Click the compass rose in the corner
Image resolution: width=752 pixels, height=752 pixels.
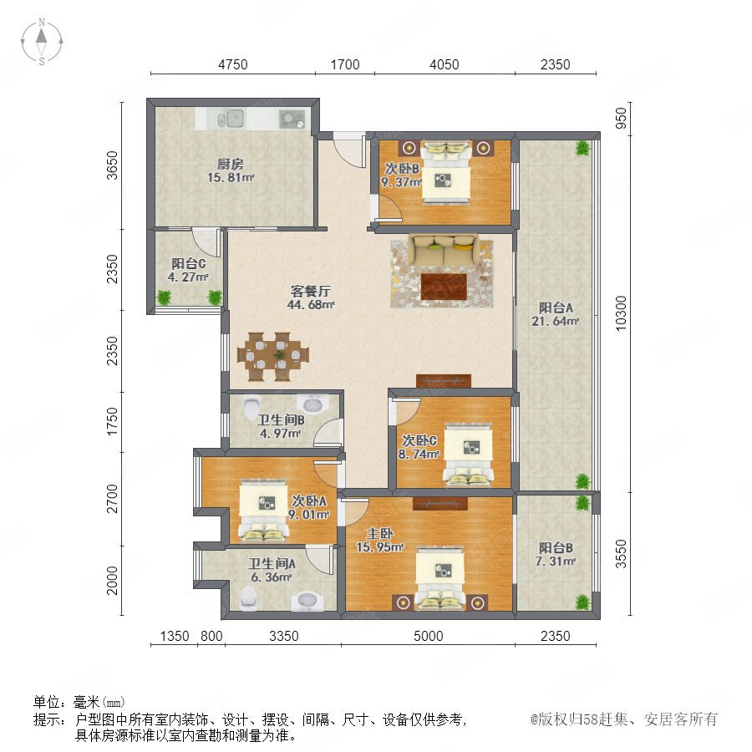[x=42, y=42]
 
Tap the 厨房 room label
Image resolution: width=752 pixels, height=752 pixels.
[x=231, y=164]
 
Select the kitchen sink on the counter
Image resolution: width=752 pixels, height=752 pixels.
[x=231, y=119]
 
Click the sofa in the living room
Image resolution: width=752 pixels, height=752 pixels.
[x=443, y=249]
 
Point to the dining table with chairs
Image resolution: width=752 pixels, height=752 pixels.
[x=273, y=356]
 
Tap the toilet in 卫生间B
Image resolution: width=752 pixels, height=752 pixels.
[x=251, y=407]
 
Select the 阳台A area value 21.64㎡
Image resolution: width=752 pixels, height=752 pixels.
[x=555, y=322]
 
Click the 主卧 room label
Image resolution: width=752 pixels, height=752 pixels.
[x=380, y=533]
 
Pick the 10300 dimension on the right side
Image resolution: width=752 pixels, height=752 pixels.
[x=621, y=313]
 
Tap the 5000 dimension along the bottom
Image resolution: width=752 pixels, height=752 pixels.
[x=428, y=636]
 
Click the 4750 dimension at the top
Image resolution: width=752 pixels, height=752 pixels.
[x=232, y=64]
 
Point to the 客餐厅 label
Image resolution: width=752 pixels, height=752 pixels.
[x=311, y=291]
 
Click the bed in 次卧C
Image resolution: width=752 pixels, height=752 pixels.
[x=468, y=454]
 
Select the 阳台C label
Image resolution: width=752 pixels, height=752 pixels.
[x=189, y=263]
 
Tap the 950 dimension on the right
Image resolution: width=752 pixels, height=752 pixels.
[x=621, y=118]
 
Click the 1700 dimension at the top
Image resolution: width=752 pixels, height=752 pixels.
[x=345, y=64]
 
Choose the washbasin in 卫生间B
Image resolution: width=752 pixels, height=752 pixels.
[x=312, y=404]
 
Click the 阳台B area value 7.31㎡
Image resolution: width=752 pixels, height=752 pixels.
[x=556, y=561]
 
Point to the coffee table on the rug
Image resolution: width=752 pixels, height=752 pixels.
[x=444, y=287]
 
